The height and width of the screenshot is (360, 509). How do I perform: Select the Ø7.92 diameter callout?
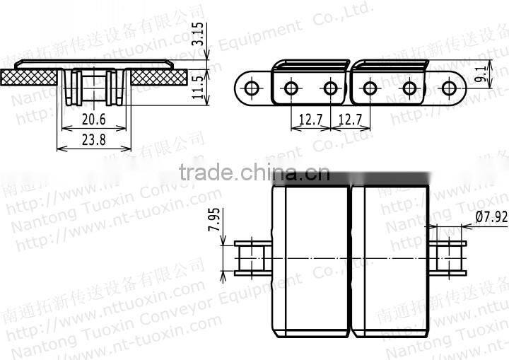(491, 217)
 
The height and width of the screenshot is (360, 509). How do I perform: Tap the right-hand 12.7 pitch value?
(351, 121)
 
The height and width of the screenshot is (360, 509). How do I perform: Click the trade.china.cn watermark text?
(255, 172)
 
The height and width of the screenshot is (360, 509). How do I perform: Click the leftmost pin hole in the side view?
(250, 88)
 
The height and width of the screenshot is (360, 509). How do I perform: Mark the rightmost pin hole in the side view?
(448, 88)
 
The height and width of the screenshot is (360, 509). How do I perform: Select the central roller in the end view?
(94, 85)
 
